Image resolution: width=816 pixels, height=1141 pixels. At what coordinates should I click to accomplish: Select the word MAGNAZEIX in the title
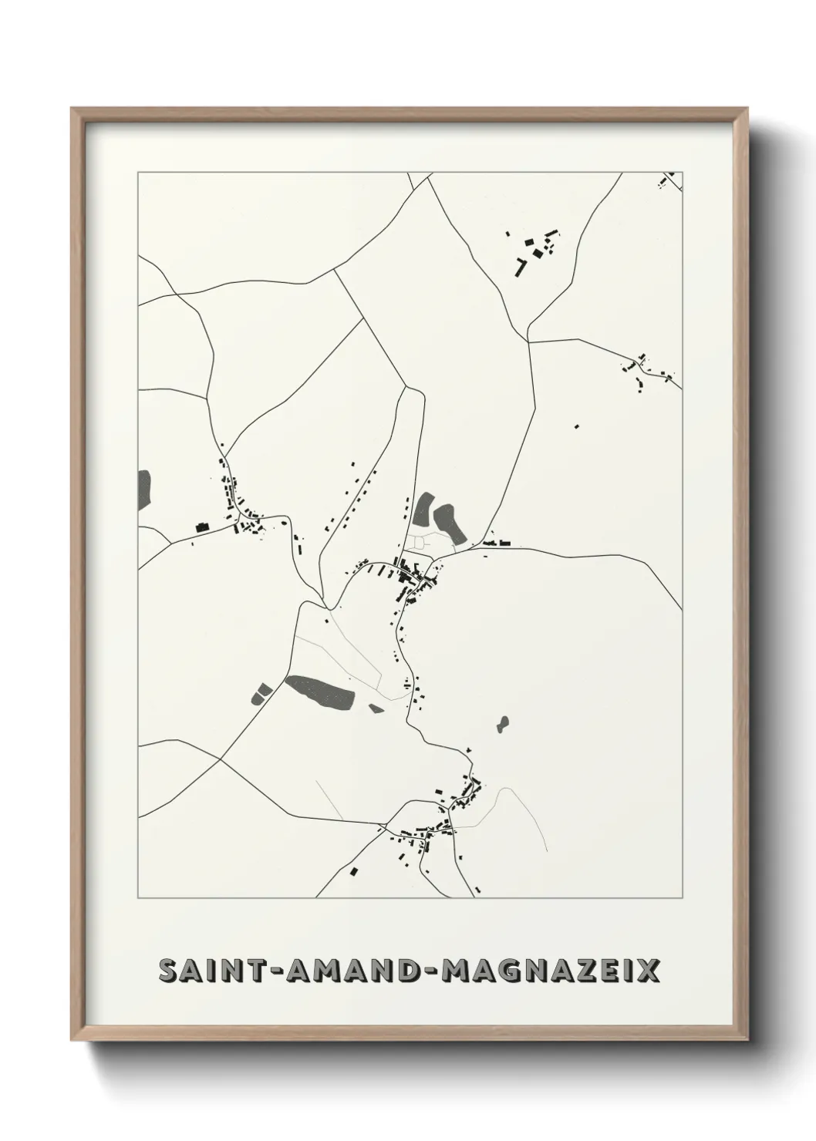(550, 971)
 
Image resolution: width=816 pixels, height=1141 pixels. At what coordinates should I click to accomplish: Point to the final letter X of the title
(649, 971)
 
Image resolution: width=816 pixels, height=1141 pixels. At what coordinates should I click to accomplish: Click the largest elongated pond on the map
(320, 692)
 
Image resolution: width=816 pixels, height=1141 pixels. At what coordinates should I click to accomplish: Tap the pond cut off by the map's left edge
(144, 489)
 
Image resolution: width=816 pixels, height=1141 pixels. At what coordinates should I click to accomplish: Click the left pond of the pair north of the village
(423, 508)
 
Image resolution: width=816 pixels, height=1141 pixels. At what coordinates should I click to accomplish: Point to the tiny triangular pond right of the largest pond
(376, 708)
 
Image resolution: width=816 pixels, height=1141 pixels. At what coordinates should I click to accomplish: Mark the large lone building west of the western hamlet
(203, 527)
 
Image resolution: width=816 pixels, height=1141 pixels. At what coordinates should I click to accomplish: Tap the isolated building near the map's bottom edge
(354, 871)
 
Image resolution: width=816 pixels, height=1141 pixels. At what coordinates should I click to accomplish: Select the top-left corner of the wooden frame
(72, 109)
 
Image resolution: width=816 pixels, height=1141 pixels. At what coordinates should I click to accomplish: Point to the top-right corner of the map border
(683, 173)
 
